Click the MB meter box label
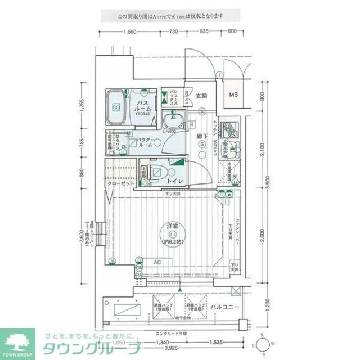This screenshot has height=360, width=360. (x=233, y=94)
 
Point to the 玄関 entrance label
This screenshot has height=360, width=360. (x=202, y=95)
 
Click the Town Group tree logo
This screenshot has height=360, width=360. (x=18, y=341)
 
